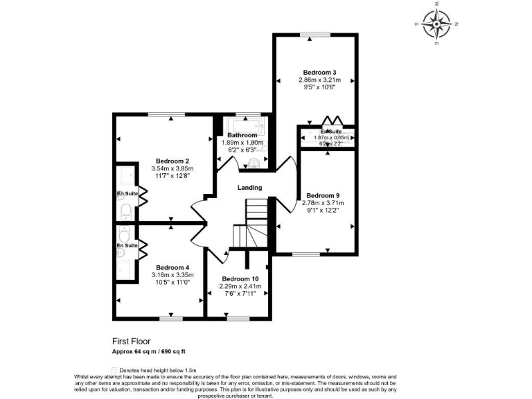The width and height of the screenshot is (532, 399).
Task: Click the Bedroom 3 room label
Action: pos(319,72)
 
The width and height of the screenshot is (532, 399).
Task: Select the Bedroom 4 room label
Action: pos(172,267)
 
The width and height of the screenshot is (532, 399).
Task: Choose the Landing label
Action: pos(249,188)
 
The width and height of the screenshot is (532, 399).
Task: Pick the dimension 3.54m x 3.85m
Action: pos(172,168)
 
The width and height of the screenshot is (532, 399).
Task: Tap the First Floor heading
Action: pos(131,341)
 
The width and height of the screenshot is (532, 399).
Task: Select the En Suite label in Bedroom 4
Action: pos(126,245)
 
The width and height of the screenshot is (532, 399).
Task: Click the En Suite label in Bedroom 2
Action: pos(126,193)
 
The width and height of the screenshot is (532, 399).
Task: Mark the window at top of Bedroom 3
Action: pos(319,35)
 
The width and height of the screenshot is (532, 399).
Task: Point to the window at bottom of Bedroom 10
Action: pos(238,318)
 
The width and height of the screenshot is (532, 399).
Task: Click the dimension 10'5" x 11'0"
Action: pos(172,283)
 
